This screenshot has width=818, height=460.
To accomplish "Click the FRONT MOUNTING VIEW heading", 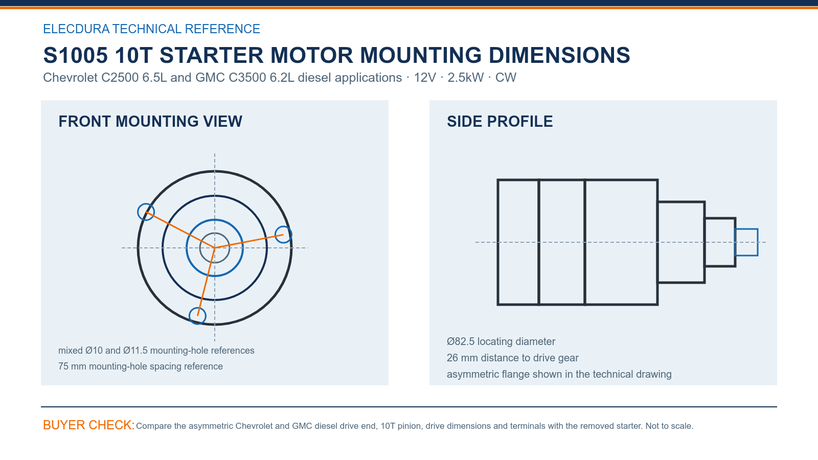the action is (150, 122).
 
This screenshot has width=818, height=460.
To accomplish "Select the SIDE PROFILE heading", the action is (499, 122).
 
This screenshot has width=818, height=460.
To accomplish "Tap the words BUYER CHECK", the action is (89, 425).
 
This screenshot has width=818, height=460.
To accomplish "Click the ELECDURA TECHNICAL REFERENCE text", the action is (151, 29).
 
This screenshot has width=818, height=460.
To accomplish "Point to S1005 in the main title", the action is (76, 55).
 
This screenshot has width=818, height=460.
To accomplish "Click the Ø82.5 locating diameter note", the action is (501, 341).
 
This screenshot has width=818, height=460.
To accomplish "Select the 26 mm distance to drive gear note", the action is (512, 358).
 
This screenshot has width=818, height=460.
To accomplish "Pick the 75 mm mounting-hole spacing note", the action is (140, 366).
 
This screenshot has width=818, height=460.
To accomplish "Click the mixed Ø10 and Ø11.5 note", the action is (156, 351).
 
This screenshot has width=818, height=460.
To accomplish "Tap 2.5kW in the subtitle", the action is (465, 77).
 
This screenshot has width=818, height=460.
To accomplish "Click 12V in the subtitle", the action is (425, 77).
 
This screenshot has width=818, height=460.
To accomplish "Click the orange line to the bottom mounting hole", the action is (206, 282).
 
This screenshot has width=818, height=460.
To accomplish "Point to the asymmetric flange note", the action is (559, 374).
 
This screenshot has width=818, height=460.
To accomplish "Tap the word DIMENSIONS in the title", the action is (559, 55).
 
